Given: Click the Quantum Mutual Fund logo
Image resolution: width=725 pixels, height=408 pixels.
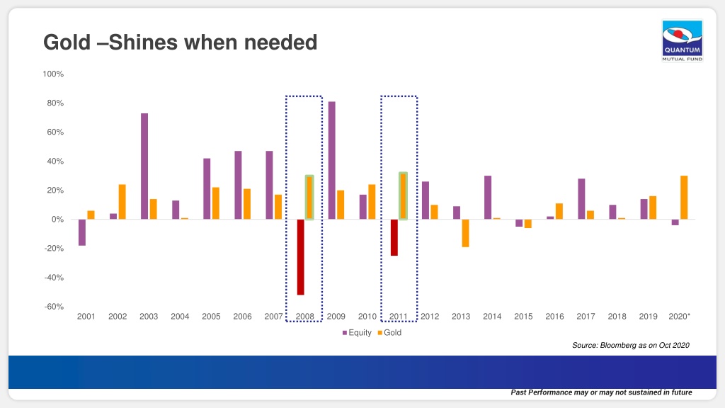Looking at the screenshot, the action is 682,40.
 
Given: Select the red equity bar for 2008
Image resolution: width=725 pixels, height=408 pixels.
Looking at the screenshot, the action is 300,256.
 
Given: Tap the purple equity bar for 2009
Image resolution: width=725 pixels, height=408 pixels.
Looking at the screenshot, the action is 331,160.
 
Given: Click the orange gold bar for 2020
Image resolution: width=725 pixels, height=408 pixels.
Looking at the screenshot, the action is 684,198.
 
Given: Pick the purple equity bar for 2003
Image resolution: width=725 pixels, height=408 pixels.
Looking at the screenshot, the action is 144,166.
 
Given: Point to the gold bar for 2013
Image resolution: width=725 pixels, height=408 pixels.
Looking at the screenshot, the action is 465,233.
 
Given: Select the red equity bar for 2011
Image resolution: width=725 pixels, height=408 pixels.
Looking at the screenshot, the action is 394,237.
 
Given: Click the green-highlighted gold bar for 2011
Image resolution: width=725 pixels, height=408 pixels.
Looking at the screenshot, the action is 403,196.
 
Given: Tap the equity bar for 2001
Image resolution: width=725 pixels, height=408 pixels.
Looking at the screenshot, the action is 82,232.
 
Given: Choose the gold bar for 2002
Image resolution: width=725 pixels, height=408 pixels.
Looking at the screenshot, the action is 122,202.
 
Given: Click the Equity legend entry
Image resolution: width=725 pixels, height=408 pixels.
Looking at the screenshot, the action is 357,333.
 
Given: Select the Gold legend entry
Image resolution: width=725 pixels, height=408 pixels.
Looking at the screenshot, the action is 390,333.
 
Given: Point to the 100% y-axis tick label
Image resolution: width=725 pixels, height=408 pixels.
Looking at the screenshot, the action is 53,74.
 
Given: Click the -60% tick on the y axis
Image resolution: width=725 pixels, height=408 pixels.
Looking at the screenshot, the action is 54,307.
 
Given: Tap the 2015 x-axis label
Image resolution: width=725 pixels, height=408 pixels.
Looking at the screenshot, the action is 523,317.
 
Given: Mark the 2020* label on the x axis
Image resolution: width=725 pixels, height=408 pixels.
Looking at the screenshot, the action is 679,317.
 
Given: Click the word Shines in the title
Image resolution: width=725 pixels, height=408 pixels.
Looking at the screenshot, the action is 143,42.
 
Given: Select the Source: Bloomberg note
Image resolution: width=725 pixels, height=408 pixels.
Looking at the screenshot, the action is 631,345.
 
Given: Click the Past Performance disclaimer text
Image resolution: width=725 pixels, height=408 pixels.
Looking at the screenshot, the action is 601,392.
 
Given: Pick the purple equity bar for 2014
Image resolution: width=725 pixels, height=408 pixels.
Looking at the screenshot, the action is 488,198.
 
